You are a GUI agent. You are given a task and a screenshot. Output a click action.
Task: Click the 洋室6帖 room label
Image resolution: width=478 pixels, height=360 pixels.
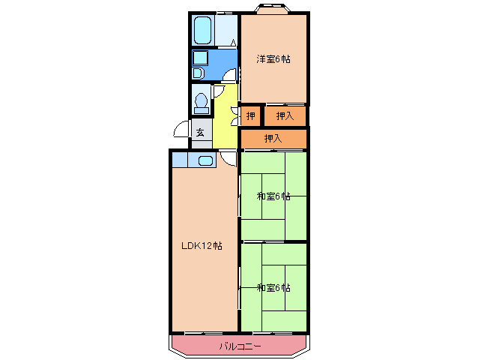pyautogui.click(x=273, y=58)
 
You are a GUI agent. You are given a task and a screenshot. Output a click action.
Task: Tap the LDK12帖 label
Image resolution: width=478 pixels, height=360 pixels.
pyautogui.click(x=200, y=245)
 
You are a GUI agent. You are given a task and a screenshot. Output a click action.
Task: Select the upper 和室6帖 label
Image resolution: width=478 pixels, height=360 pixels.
pyautogui.click(x=273, y=196)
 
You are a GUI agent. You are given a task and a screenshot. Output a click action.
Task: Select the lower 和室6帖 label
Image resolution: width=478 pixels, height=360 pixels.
pyautogui.click(x=273, y=288)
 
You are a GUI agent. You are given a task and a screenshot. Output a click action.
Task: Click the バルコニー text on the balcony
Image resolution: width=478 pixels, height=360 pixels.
pyautogui.click(x=240, y=346)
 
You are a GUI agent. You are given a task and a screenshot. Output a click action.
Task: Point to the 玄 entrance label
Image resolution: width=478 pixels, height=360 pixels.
pyautogui.click(x=200, y=133)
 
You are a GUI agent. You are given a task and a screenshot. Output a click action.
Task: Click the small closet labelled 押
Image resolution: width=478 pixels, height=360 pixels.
pyautogui.click(x=250, y=115)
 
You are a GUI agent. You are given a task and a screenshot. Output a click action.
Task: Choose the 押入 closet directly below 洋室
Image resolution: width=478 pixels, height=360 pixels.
pyautogui.click(x=285, y=115)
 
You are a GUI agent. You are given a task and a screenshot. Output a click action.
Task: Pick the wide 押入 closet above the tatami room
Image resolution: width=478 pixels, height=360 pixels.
pyautogui.click(x=273, y=139)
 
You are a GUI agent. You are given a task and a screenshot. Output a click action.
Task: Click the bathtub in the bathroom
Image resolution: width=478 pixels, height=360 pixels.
pyautogui.click(x=202, y=31)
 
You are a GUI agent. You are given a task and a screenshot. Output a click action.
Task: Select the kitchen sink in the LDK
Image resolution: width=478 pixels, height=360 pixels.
pyautogui.click(x=205, y=160)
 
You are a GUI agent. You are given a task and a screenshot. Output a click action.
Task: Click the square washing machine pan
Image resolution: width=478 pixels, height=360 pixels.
pyautogui.click(x=200, y=58)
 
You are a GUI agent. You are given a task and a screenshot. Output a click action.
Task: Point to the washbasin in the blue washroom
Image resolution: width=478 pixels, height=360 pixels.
pyautogui.click(x=198, y=73)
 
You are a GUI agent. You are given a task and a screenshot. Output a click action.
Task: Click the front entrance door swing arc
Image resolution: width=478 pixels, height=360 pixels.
pyautogui.click(x=181, y=130)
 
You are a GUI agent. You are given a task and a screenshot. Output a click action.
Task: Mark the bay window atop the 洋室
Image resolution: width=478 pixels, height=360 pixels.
pyautogui.click(x=272, y=10)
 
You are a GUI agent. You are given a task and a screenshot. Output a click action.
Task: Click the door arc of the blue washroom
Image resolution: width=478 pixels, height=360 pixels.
pyautogui.click(x=232, y=74)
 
